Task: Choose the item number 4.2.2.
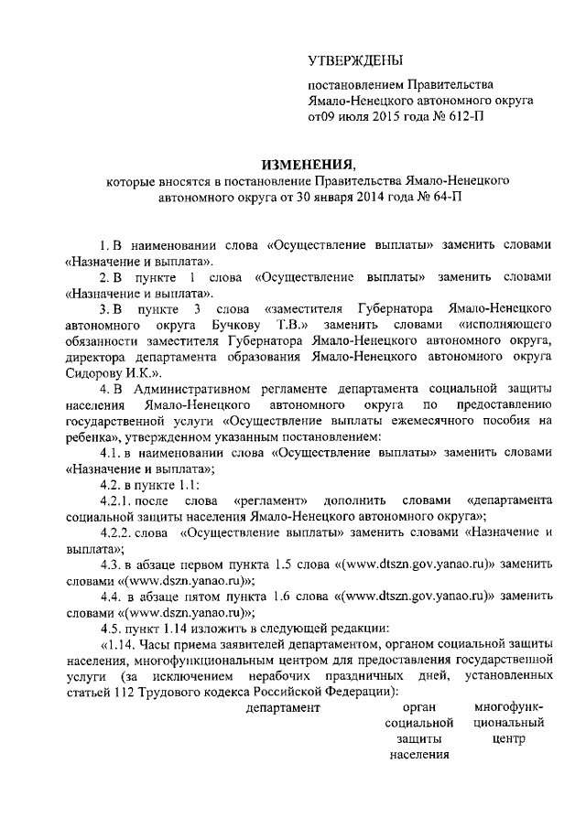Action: [119, 533]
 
